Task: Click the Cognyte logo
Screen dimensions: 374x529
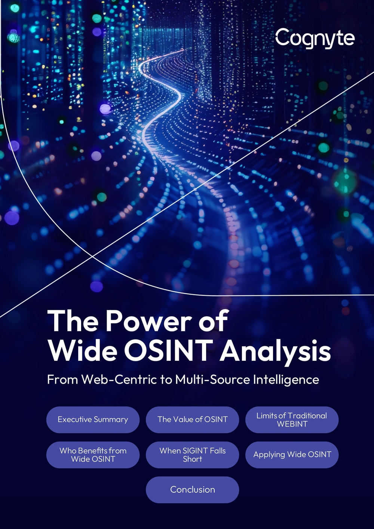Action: [x=315, y=39]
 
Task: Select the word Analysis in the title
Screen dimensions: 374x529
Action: [x=276, y=353]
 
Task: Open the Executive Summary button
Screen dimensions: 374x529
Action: [x=93, y=419]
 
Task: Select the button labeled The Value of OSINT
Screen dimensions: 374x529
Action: [x=192, y=419]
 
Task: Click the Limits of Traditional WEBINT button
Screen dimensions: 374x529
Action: [x=292, y=419]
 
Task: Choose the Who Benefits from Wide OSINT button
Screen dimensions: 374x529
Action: [x=93, y=455]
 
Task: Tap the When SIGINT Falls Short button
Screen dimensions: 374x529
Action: [x=192, y=455]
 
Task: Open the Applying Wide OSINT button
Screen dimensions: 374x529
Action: [x=292, y=455]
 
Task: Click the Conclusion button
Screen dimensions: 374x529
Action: [x=192, y=490]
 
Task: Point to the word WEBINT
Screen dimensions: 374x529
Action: [x=292, y=424]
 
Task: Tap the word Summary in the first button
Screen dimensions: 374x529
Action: [x=111, y=420]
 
